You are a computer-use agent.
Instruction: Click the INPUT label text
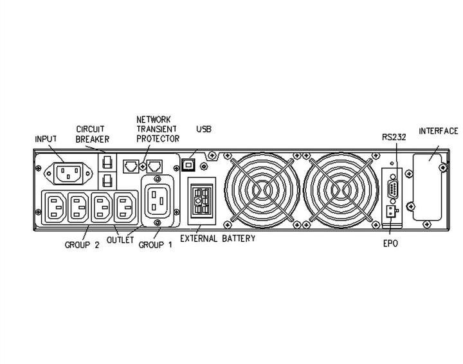pyautogui.click(x=46, y=139)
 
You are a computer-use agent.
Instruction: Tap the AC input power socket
pyautogui.click(x=68, y=173)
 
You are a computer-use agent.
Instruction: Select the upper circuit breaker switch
pyautogui.click(x=107, y=162)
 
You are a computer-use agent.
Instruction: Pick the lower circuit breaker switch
pyautogui.click(x=107, y=180)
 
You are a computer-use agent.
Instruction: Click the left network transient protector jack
pyautogui.click(x=131, y=166)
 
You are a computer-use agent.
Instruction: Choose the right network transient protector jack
pyautogui.click(x=154, y=166)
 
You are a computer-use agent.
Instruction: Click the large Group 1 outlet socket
pyautogui.click(x=158, y=201)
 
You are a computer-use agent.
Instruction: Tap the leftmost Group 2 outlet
pyautogui.click(x=55, y=207)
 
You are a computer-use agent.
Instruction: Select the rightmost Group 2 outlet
pyautogui.click(x=125, y=207)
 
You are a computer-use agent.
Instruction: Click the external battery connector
pyautogui.click(x=202, y=201)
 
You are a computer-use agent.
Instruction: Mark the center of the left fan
pyautogui.click(x=262, y=190)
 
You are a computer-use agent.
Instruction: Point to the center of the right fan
pyautogui.click(x=341, y=190)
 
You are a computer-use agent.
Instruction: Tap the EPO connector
pyautogui.click(x=391, y=211)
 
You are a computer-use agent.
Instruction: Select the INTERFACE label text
pyautogui.click(x=439, y=131)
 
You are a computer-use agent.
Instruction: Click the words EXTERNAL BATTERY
pyautogui.click(x=217, y=238)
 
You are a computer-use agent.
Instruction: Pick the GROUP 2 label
pyautogui.click(x=82, y=245)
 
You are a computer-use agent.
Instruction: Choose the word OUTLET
pyautogui.click(x=120, y=240)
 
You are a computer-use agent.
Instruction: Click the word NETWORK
pyautogui.click(x=154, y=120)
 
